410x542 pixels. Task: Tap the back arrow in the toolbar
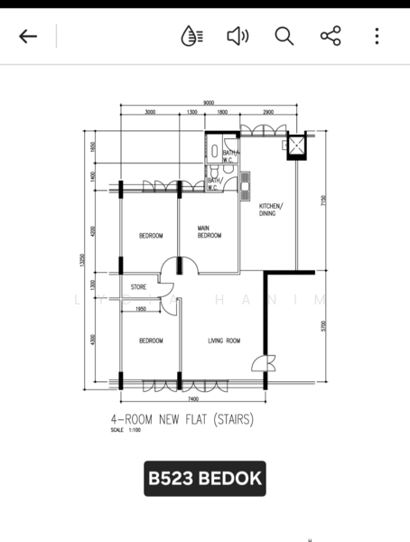pos(28,36)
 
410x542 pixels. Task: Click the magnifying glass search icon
pos(284,36)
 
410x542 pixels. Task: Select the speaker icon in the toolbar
pos(238,36)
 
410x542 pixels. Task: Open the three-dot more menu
pos(377,36)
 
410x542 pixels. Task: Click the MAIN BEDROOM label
pos(210,232)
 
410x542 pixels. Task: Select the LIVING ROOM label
pos(223,341)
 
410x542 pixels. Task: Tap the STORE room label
pos(139,288)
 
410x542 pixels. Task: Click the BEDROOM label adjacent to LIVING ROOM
pos(151,341)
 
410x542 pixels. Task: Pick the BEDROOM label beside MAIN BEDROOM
pos(151,236)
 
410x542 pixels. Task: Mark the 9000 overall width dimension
pos(209,102)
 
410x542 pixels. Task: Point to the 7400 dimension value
pos(193,398)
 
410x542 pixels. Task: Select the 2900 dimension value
pos(268,112)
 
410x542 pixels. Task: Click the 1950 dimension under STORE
pos(141,310)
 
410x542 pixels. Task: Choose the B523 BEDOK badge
pos(204,478)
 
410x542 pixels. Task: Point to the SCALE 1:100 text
pos(126,430)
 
